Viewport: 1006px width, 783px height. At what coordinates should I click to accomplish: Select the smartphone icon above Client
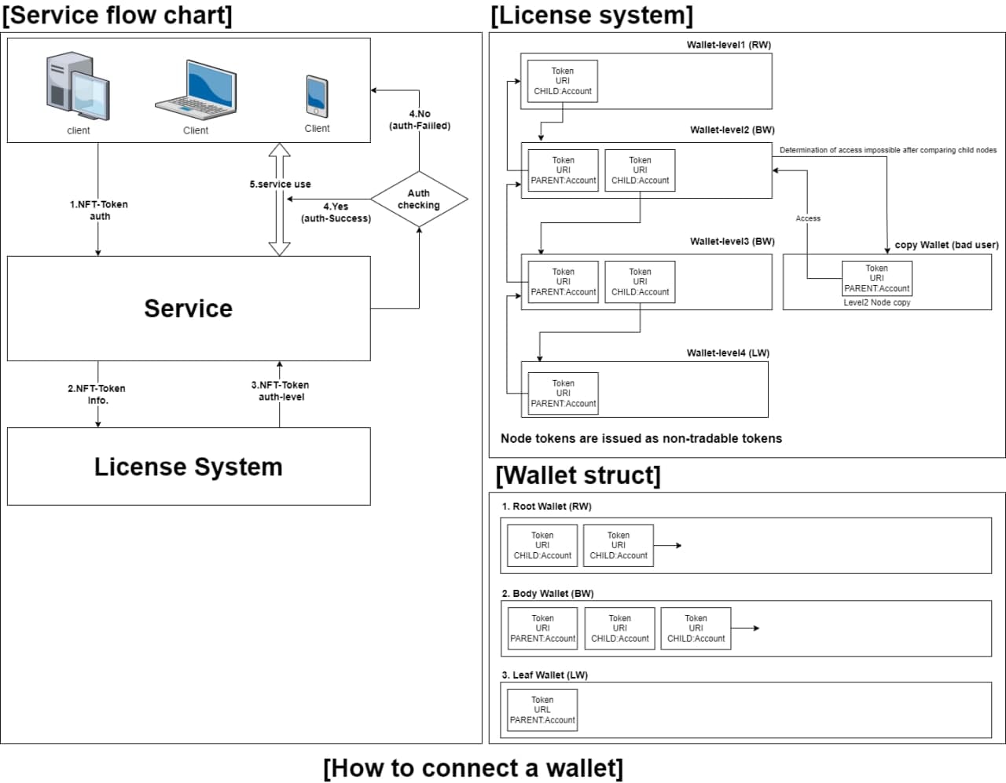point(317,97)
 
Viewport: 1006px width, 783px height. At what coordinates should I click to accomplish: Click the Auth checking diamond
point(419,199)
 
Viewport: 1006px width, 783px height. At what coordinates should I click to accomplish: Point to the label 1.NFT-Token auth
point(99,210)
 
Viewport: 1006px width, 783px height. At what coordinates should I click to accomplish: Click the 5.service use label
point(281,185)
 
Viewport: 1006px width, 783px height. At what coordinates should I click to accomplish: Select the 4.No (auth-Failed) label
point(420,119)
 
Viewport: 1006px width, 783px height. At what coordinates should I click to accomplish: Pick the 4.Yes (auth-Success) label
point(336,212)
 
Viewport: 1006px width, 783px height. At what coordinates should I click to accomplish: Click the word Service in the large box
point(189,309)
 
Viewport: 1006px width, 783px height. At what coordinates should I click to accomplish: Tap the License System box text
point(189,467)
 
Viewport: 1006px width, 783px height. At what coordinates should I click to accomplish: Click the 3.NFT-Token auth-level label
point(281,390)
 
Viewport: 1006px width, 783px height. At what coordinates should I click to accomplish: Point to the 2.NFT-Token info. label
point(97,394)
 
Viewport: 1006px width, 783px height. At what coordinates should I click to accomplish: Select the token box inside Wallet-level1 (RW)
point(563,81)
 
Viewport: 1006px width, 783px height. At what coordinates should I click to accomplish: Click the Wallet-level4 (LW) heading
point(728,353)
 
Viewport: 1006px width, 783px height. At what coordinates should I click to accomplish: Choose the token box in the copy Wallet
point(877,278)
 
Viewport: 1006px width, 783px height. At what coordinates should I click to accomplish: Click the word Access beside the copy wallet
point(808,218)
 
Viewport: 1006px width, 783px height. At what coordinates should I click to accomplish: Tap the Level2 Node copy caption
point(877,302)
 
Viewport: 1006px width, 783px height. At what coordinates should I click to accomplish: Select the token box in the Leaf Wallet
point(542,710)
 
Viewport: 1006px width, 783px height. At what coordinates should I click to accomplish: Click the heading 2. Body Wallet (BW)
point(548,594)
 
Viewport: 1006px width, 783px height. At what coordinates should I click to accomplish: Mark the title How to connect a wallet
point(473,767)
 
